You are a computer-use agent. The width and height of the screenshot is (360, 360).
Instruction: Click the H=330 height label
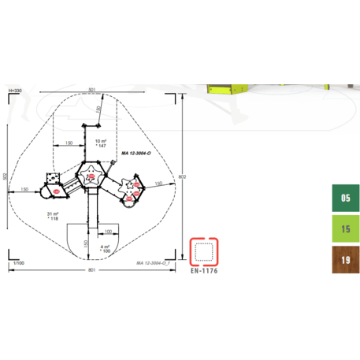[14, 91]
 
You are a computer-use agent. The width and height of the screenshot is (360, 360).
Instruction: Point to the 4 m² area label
[105, 246]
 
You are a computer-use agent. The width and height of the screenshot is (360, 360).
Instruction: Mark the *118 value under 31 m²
[53, 219]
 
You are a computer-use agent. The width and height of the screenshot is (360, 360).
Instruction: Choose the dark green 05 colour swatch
[345, 199]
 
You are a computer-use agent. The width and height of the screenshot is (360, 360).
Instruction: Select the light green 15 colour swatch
[345, 229]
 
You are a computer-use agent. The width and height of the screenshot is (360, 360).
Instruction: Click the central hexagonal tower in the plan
[90, 176]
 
